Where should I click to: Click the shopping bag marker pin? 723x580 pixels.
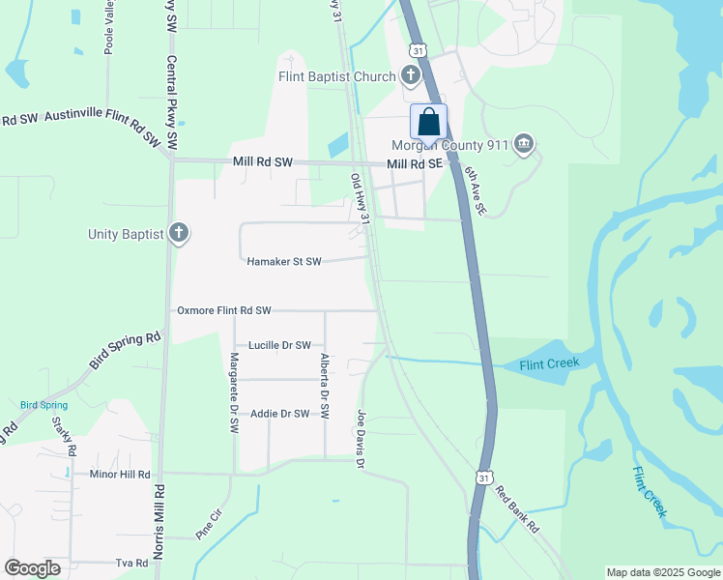pyautogui.click(x=429, y=124)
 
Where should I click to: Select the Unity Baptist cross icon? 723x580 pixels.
pyautogui.click(x=178, y=233)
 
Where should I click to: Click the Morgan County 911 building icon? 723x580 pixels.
pyautogui.click(x=524, y=145)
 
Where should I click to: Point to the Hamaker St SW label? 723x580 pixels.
pyautogui.click(x=283, y=261)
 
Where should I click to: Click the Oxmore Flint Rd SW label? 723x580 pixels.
pyautogui.click(x=223, y=310)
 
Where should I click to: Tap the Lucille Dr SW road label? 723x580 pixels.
pyautogui.click(x=279, y=345)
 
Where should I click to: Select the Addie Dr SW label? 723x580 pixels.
pyautogui.click(x=279, y=414)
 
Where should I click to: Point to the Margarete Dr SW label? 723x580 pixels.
pyautogui.click(x=234, y=389)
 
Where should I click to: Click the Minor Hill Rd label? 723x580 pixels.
pyautogui.click(x=120, y=475)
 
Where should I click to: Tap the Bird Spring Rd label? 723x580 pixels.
pyautogui.click(x=125, y=351)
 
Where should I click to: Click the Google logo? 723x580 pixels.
pyautogui.click(x=32, y=568)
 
